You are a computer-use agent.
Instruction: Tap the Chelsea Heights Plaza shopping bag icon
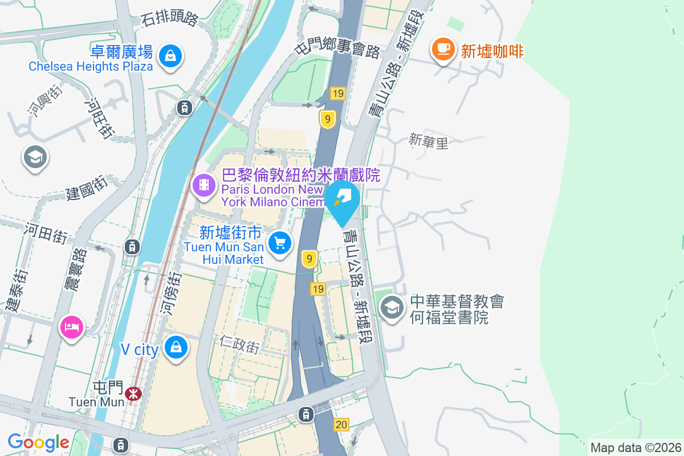170,56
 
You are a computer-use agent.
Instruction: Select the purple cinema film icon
203,185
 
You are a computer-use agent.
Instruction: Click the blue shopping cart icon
280,243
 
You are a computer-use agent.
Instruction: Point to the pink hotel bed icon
72,327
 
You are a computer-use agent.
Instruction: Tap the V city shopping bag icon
176,347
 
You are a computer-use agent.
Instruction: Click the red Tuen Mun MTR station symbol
134,393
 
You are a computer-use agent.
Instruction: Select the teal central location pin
342,199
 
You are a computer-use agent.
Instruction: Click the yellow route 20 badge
341,424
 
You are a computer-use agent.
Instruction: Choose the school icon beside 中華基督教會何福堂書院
392,308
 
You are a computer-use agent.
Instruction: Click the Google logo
38,442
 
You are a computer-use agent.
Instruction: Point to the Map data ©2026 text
636,447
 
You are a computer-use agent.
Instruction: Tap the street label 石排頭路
169,19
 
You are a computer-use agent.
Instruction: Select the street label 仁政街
239,344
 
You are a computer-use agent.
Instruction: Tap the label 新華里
429,141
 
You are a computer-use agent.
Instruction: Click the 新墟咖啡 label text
492,51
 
